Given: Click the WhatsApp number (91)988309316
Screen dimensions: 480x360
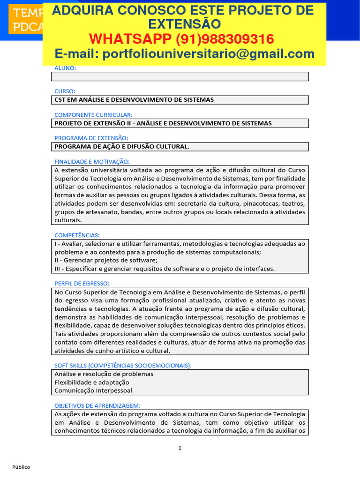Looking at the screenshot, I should (x=182, y=39).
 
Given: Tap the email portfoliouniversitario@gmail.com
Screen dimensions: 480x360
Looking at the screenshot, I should (x=184, y=54).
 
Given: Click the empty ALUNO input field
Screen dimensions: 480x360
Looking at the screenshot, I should (x=180, y=76).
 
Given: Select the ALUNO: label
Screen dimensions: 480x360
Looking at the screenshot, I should (x=65, y=68).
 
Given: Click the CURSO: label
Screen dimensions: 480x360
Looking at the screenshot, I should (x=65, y=91).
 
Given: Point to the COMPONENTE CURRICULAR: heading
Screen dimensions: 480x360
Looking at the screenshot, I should (x=93, y=115).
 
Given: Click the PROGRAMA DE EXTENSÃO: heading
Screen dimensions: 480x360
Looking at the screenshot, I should (x=91, y=138).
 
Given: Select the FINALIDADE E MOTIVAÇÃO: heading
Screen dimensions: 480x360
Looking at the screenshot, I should (x=92, y=161).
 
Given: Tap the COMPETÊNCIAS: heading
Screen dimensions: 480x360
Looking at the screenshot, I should (x=77, y=235).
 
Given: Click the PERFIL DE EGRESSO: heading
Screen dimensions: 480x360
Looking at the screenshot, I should (x=82, y=284).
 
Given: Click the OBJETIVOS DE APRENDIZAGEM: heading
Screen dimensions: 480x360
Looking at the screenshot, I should (x=97, y=405).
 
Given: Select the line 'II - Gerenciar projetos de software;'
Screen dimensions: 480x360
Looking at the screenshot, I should (x=106, y=260).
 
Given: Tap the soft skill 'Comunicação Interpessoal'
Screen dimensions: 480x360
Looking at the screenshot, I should (x=93, y=390).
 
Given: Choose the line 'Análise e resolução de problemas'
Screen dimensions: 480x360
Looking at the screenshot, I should (x=104, y=374).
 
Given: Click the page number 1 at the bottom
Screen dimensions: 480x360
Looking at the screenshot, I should (x=180, y=449).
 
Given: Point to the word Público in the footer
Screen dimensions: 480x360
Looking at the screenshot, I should (x=21, y=467).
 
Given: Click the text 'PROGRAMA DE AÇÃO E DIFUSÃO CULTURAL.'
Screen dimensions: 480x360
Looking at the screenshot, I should (x=122, y=147).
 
